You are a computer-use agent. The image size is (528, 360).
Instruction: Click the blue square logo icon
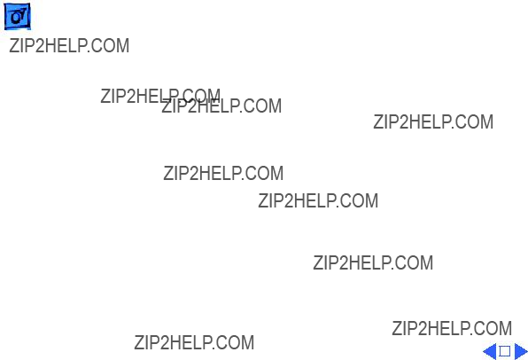click(17, 16)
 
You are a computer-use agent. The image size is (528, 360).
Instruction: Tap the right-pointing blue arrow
click(521, 351)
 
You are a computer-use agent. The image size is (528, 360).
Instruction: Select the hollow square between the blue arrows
click(504, 351)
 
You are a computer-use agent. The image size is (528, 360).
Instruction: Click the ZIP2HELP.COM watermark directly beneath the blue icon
click(69, 45)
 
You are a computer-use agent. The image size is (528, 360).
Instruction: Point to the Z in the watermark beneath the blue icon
click(14, 45)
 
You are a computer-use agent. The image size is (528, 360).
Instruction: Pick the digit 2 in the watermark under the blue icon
click(40, 45)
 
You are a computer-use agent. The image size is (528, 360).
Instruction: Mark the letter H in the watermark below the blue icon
click(50, 45)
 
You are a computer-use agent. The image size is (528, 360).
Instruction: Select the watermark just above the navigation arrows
click(452, 328)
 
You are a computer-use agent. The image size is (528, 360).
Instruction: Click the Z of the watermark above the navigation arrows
click(396, 328)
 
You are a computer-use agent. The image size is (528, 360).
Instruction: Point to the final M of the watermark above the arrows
click(505, 328)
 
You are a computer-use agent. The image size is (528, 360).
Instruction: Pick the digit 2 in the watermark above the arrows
click(423, 328)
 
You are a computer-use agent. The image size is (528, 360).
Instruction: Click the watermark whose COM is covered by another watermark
click(160, 96)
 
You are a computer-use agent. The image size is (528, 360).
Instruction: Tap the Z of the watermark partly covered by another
click(105, 96)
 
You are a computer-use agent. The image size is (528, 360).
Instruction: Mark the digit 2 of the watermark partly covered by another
click(131, 96)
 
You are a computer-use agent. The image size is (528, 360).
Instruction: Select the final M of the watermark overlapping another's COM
click(275, 106)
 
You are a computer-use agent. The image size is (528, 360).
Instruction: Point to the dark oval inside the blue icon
click(15, 18)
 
